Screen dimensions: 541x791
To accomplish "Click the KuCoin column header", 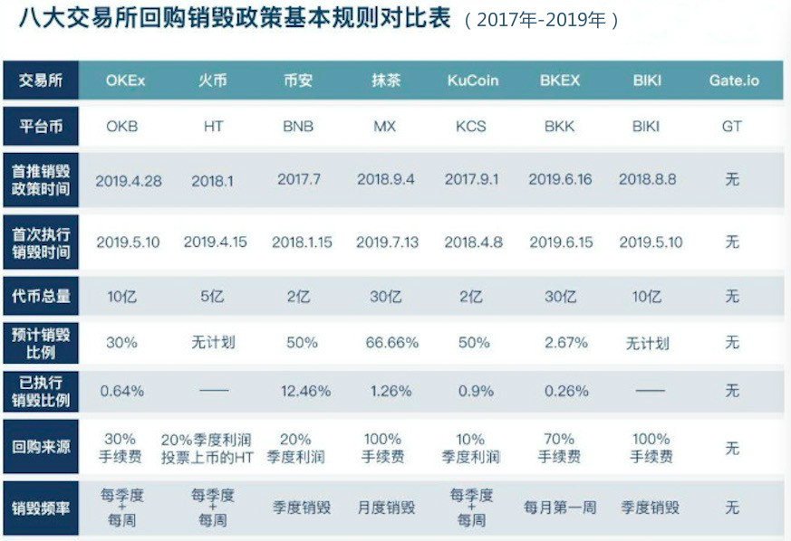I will (x=473, y=80).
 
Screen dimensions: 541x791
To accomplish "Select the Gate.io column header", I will (x=733, y=80).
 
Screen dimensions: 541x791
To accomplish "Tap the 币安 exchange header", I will (x=297, y=80).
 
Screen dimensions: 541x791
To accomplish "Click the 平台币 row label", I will (x=41, y=127).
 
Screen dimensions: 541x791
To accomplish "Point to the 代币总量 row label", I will (x=41, y=296).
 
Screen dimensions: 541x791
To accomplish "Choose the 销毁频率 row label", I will (x=41, y=508).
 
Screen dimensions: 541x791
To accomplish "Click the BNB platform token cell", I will (x=297, y=127).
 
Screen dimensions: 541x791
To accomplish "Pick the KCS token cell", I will (x=472, y=127).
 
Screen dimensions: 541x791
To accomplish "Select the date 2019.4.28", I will (x=129, y=180).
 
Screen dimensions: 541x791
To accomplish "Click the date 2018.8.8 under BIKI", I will (x=647, y=180).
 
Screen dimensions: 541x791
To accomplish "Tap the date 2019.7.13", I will (x=386, y=242).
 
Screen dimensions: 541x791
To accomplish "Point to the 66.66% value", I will (x=386, y=343).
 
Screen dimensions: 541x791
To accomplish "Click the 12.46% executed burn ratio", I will (x=299, y=392).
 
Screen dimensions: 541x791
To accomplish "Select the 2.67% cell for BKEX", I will (x=559, y=343).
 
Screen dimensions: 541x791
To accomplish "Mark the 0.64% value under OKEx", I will (x=122, y=392).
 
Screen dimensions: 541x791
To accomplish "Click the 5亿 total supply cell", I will (x=212, y=296).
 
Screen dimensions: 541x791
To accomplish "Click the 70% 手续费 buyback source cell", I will (x=559, y=448).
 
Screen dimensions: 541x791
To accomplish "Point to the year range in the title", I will (x=542, y=20).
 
